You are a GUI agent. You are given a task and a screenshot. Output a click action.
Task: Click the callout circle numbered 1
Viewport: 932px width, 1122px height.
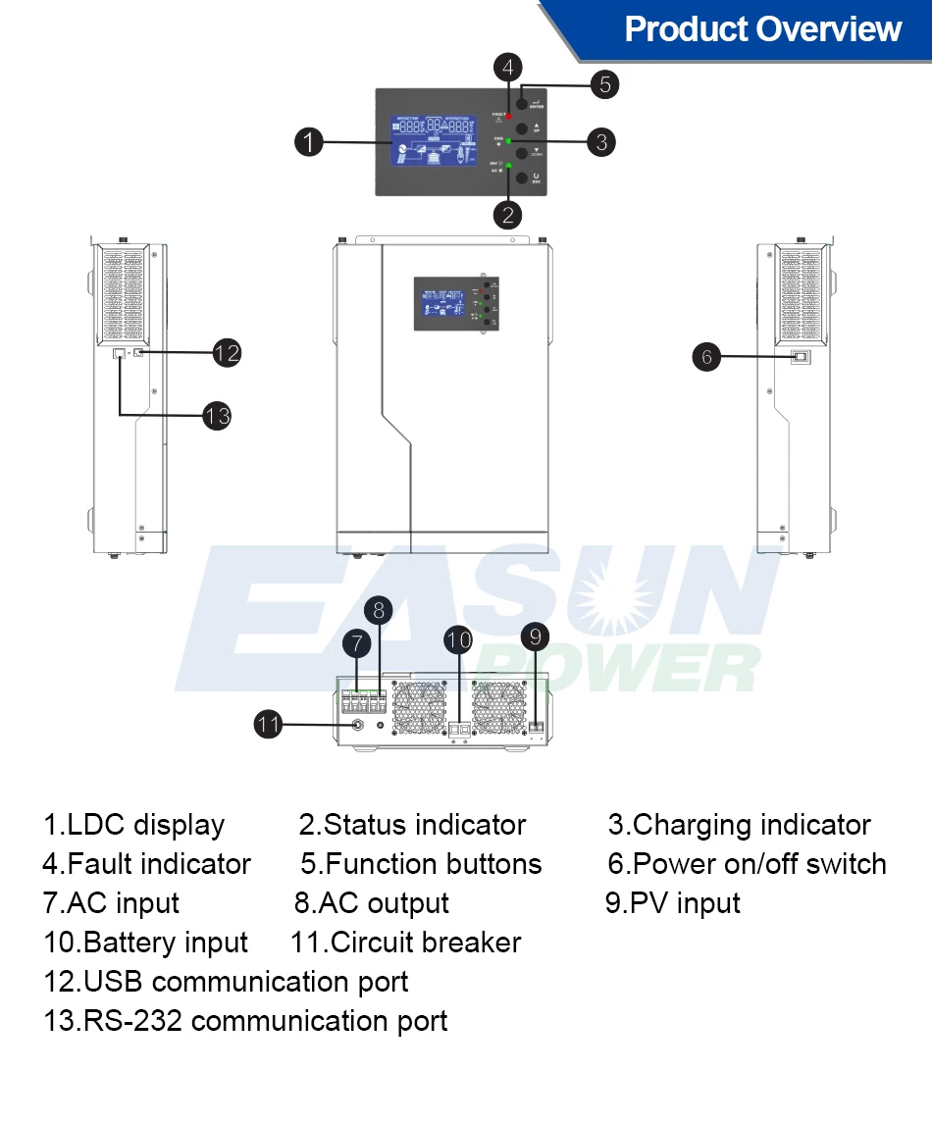(309, 142)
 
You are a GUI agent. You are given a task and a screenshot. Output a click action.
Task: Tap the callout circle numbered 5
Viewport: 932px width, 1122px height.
(605, 84)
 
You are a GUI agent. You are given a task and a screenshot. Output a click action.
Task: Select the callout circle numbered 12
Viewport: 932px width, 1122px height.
(227, 352)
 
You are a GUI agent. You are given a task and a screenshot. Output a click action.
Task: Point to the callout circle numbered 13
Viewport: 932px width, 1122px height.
(217, 415)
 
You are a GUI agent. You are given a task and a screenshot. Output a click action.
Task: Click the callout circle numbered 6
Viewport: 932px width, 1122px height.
(707, 356)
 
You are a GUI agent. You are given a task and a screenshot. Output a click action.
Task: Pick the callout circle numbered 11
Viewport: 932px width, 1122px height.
(269, 725)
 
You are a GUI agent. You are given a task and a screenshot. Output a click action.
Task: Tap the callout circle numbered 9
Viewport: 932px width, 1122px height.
(534, 637)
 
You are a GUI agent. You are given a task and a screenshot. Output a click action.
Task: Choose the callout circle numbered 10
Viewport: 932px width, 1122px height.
(458, 641)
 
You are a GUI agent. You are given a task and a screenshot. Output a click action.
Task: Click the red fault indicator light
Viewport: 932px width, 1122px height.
(508, 116)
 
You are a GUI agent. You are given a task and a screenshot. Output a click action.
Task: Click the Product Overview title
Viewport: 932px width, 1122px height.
(762, 29)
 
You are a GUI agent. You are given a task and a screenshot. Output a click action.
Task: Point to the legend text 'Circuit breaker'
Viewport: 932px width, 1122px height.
(406, 943)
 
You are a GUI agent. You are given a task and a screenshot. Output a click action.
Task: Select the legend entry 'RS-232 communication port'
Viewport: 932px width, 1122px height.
(245, 1021)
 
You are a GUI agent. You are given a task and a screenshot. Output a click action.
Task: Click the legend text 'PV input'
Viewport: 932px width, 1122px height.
(673, 903)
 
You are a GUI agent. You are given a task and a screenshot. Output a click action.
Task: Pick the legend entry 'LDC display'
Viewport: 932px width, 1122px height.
(134, 825)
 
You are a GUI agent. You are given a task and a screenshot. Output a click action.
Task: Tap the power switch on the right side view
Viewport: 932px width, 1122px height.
(800, 357)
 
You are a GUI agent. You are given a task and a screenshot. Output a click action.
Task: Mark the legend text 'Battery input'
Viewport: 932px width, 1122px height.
(145, 943)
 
